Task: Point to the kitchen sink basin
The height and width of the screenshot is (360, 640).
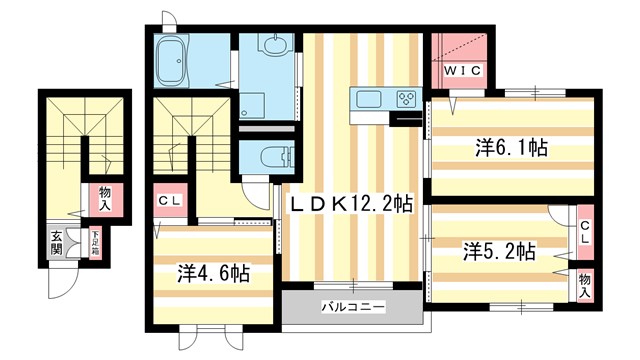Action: coord(366,99)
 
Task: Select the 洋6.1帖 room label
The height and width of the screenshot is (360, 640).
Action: coord(510,148)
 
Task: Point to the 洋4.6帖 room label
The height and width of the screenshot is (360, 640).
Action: coord(213,271)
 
